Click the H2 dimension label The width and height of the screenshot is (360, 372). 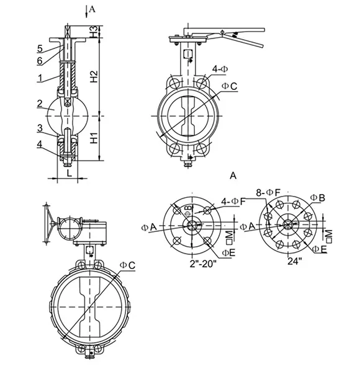click(x=94, y=77)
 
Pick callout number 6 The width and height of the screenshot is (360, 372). click(x=39, y=60)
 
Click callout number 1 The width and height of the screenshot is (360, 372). click(x=39, y=79)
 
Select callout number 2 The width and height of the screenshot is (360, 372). click(x=39, y=104)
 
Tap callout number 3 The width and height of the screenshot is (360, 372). click(x=39, y=128)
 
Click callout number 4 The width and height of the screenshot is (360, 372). click(x=39, y=144)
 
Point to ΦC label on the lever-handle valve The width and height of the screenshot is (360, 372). click(x=230, y=86)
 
